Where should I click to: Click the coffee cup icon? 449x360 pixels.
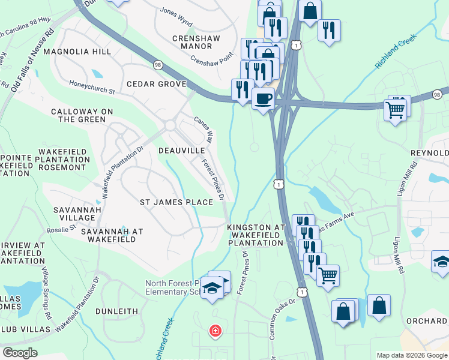pos(262,98)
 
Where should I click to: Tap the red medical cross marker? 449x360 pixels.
pos(214,331)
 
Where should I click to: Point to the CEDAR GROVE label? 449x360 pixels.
pos(155,84)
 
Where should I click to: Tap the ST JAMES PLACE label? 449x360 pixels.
pos(176,202)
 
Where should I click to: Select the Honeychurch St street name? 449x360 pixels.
pos(91,87)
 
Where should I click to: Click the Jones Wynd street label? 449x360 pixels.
pos(176,18)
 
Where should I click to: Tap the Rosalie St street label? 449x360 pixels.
pos(61,229)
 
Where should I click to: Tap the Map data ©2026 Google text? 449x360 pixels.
pos(411,355)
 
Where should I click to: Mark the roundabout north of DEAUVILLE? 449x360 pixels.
pos(170,125)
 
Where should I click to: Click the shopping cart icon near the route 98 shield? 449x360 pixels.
pos(395,109)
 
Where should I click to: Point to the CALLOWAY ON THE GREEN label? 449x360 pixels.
pos(82,115)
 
